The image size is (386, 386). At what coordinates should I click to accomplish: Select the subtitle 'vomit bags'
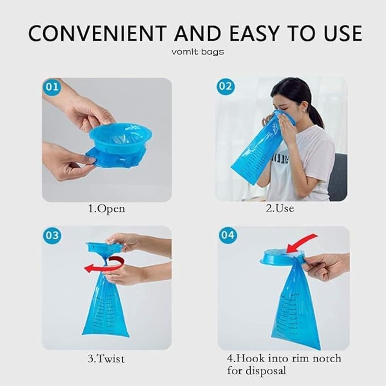[x=197, y=52]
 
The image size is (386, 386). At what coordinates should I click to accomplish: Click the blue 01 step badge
[x=52, y=87]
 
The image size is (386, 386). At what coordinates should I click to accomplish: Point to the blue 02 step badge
[x=225, y=86]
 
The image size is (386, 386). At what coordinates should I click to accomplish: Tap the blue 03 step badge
[x=52, y=235]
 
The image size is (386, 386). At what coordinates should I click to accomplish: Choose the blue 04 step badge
[x=228, y=235]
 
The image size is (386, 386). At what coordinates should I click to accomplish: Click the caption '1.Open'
[x=107, y=209]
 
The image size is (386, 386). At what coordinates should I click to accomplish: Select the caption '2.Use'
[x=280, y=208]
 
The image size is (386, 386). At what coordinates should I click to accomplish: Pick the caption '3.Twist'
[x=106, y=359]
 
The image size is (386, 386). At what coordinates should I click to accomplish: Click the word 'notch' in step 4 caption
[x=327, y=359]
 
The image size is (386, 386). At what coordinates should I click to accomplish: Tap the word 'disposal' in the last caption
[x=266, y=371]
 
